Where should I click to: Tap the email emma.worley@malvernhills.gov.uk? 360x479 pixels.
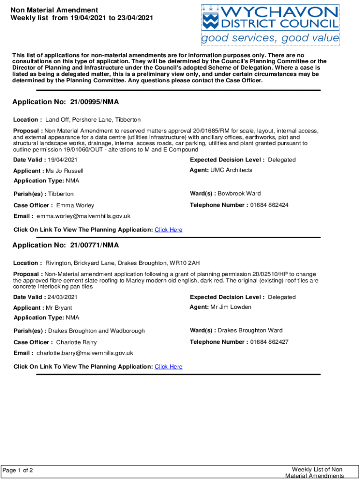[x=83, y=216]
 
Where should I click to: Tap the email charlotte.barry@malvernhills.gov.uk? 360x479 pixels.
[x=85, y=353]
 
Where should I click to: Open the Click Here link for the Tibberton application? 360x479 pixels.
[x=168, y=230]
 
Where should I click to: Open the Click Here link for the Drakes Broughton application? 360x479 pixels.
[x=168, y=366]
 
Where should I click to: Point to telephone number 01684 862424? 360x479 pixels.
[x=269, y=205]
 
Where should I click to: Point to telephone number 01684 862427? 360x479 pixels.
[x=269, y=342]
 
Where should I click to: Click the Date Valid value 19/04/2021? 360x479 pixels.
[x=63, y=160]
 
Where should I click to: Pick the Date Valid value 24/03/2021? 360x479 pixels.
[x=63, y=297]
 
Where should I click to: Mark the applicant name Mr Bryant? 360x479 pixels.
[x=59, y=308]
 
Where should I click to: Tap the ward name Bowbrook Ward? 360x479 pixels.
[x=245, y=193]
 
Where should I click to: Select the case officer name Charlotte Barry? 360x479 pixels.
[x=76, y=342]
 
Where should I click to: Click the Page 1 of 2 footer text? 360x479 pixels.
[x=18, y=470]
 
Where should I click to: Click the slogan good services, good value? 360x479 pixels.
[x=270, y=38]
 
